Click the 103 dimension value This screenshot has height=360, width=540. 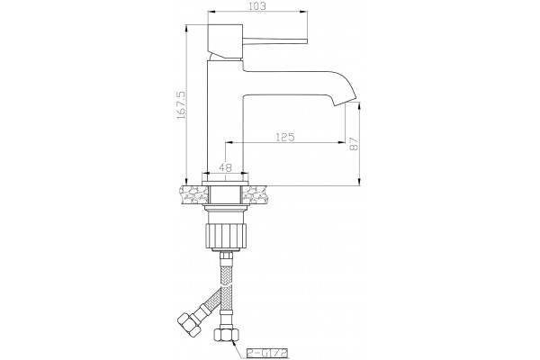point(257,6)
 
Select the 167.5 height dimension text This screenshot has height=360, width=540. point(182,104)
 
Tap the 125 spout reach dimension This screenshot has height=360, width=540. point(285,137)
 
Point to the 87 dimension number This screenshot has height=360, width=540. point(354,143)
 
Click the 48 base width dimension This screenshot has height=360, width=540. point(225,167)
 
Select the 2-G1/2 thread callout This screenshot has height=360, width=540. point(267,353)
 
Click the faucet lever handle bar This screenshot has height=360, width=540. point(274,41)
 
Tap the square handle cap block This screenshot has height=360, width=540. point(225,41)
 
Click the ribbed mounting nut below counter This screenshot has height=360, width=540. point(225,236)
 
